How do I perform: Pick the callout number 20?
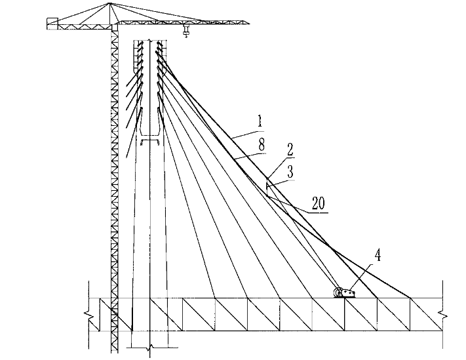(x=318, y=204)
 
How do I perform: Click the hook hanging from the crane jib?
(x=186, y=33)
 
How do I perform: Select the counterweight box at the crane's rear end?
(x=52, y=24)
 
